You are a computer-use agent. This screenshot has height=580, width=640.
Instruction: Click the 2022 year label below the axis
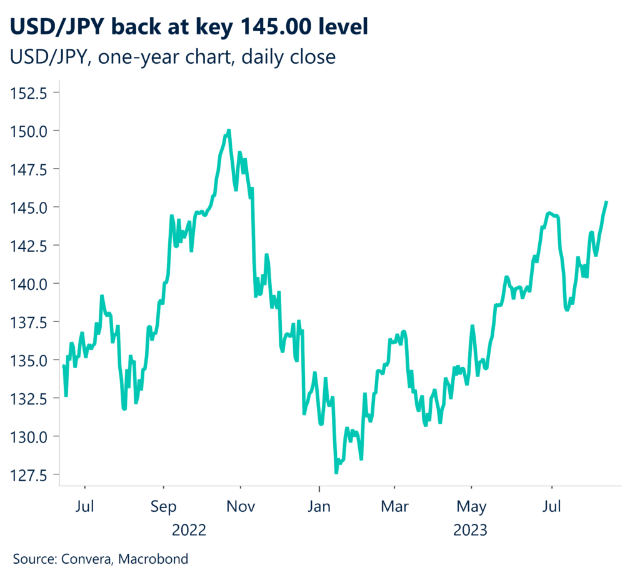(x=189, y=531)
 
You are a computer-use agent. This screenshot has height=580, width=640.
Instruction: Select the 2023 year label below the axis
(x=471, y=531)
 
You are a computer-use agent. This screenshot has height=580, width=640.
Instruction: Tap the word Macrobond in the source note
(x=154, y=559)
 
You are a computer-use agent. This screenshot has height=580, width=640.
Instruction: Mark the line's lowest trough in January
(x=336, y=472)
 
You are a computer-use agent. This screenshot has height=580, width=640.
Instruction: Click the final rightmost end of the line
(x=606, y=202)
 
